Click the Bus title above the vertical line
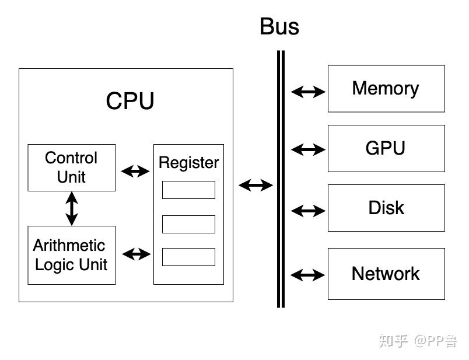click(279, 27)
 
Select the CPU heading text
click(130, 101)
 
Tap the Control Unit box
click(72, 167)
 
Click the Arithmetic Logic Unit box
click(72, 255)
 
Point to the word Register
click(188, 162)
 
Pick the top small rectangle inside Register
click(188, 190)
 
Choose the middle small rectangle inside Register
click(188, 224)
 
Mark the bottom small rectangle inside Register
click(188, 257)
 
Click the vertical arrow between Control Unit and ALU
click(71, 208)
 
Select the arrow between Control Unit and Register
click(135, 171)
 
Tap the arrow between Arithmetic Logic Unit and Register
click(136, 254)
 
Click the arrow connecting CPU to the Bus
click(256, 186)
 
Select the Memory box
click(386, 89)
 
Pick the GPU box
click(386, 148)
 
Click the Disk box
click(386, 208)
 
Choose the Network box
click(386, 274)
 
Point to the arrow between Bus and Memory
click(308, 92)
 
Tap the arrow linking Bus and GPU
click(308, 149)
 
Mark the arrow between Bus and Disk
click(308, 211)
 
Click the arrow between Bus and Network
click(308, 274)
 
